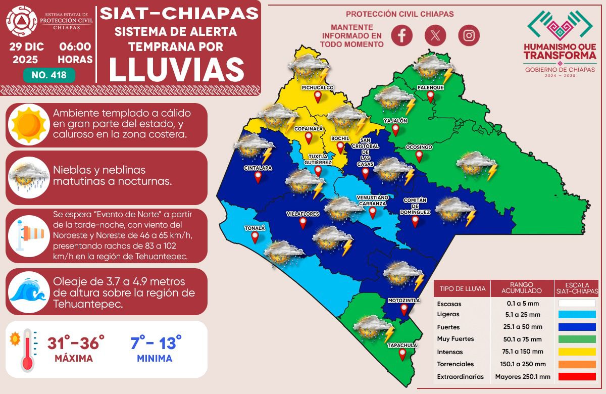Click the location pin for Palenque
pyautogui.click(x=430, y=96)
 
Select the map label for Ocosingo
pyautogui.click(x=419, y=147)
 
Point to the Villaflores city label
pyautogui.click(x=302, y=214)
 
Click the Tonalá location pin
pyautogui.click(x=255, y=237)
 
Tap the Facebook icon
pyautogui.click(x=402, y=35)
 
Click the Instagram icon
pyautogui.click(x=469, y=35)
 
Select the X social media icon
pyautogui.click(x=435, y=35)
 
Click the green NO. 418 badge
pyautogui.click(x=49, y=75)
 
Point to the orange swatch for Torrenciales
pyautogui.click(x=577, y=364)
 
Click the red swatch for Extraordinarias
pyautogui.click(x=577, y=376)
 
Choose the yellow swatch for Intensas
pyautogui.click(x=577, y=351)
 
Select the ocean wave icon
pyautogui.click(x=28, y=291)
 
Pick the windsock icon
pyautogui.click(x=28, y=235)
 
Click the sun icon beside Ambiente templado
pyautogui.click(x=28, y=124)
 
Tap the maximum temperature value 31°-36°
pyautogui.click(x=76, y=343)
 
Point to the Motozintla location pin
pyautogui.click(x=404, y=310)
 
